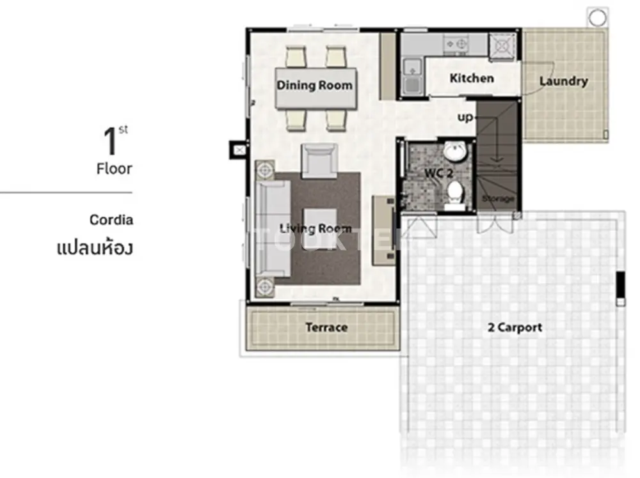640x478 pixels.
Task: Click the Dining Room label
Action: [314, 85]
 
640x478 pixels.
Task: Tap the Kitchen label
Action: [472, 78]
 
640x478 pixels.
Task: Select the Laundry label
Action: [564, 81]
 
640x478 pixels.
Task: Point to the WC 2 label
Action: [439, 173]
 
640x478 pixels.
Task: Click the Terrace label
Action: [326, 327]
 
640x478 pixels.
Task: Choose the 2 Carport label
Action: [515, 327]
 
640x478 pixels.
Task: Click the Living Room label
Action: [315, 229]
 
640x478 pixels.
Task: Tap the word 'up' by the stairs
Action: [465, 118]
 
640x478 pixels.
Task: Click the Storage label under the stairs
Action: [497, 199]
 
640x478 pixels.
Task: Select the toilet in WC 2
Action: [454, 195]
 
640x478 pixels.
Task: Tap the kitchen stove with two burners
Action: [456, 43]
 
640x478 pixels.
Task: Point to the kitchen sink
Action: [412, 77]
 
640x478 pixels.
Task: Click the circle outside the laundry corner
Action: [597, 17]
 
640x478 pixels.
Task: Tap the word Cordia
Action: [111, 220]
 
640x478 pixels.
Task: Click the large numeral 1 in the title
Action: [110, 141]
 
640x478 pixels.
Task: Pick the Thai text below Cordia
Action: [95, 248]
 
